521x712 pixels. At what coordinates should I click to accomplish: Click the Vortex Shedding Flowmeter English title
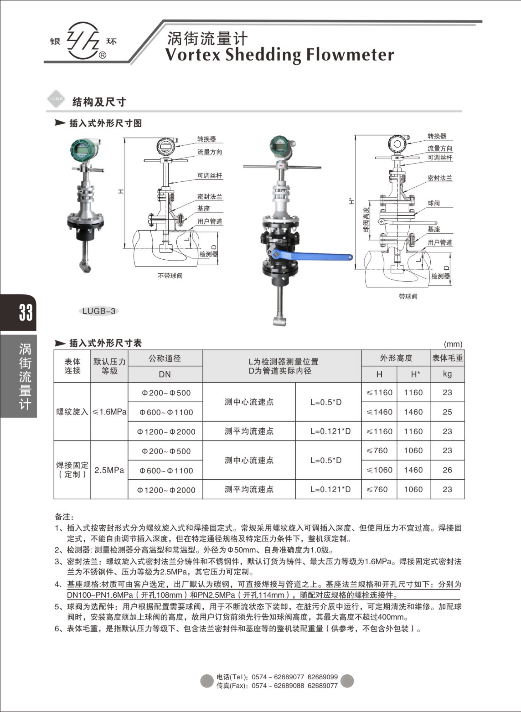coord(279,55)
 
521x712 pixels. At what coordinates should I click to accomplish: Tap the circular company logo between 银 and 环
coord(83,40)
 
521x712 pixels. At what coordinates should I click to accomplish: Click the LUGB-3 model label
coord(99,311)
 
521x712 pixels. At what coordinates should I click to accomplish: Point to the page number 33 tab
coord(25,313)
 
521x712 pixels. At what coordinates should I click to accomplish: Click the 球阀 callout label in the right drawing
coord(434,203)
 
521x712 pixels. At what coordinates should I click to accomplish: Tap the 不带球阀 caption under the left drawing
coord(170,276)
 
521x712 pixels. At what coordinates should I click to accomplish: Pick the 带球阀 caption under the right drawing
coord(408,296)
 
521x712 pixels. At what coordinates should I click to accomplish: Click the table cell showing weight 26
coord(447,470)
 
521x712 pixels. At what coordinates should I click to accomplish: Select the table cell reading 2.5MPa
coord(109,470)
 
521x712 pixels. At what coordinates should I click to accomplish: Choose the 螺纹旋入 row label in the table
coord(72,412)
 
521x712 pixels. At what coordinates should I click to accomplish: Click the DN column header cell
coord(165,374)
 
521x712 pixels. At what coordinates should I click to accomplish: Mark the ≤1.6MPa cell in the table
coord(109,412)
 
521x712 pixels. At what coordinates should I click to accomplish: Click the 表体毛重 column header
coord(447,358)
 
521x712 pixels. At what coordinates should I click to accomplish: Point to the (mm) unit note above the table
coord(453,344)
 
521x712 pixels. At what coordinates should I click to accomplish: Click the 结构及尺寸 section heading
coord(99,102)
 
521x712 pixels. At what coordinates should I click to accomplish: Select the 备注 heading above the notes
coord(64,517)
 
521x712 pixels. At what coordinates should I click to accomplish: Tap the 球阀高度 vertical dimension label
coord(366,220)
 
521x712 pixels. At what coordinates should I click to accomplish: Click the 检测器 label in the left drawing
coord(208,254)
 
